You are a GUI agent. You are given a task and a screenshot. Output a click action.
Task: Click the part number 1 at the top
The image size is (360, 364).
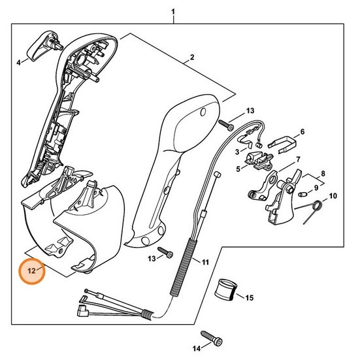(x=173, y=11)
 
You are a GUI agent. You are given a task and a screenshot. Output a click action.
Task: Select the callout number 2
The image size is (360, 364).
(x=191, y=58)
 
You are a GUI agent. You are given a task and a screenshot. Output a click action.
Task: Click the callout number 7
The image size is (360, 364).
(x=298, y=159)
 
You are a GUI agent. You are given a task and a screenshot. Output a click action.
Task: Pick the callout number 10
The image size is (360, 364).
(x=333, y=196)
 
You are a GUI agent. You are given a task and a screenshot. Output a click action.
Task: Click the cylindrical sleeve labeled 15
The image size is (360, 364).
(x=226, y=288)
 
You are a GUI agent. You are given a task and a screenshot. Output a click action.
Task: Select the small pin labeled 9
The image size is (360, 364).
(x=302, y=194)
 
